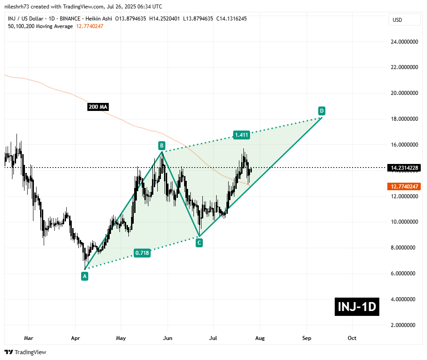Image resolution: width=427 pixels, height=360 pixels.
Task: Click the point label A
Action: [85, 276]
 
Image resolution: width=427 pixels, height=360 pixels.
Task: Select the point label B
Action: [162, 145]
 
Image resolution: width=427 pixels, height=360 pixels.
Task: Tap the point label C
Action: [199, 243]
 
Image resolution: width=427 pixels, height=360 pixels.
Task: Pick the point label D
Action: [321, 110]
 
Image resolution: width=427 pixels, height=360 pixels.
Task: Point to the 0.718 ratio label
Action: [142, 253]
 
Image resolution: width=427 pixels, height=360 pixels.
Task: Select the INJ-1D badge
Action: [357, 307]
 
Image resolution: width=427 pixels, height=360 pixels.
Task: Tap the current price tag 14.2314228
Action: [404, 168]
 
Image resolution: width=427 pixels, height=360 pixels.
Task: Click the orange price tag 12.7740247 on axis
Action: [404, 186]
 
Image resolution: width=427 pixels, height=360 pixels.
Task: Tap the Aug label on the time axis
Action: [260, 338]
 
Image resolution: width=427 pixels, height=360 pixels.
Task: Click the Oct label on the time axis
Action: [352, 338]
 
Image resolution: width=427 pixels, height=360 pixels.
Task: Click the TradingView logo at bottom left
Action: [26, 352]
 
